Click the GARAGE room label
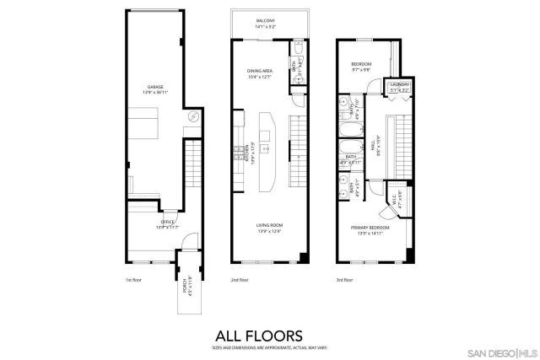pyautogui.click(x=155, y=87)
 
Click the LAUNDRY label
pyautogui.click(x=397, y=85)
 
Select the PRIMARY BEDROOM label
pyautogui.click(x=372, y=228)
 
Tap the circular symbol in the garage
pyautogui.click(x=192, y=116)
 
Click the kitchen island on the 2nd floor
pyautogui.click(x=269, y=149)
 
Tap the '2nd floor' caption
pyautogui.click(x=240, y=280)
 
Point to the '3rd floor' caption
pyautogui.click(x=346, y=280)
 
